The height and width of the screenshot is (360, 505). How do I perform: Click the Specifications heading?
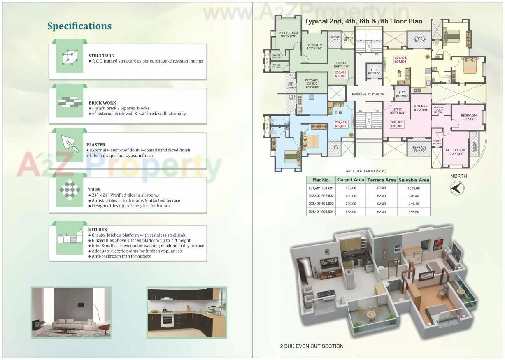coord(79,26)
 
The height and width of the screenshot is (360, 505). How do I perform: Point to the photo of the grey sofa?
coord(71,312)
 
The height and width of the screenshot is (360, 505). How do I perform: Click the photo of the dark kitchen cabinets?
coord(186,312)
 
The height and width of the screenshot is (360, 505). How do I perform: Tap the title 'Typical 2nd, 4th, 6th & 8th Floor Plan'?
coord(363,21)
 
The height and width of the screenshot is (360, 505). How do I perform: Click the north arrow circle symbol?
coord(457,188)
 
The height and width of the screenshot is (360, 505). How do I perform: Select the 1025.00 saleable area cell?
coord(414,188)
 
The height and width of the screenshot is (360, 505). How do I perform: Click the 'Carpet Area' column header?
coord(350,180)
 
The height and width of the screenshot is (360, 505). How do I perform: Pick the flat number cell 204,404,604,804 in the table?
coord(321,211)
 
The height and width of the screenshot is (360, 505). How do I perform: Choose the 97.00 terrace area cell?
coord(381,188)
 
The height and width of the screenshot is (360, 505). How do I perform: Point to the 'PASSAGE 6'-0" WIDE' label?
coord(368,95)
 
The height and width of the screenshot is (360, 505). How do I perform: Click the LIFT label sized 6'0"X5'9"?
coord(374,72)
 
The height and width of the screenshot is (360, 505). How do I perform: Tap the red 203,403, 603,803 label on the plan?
coord(340,74)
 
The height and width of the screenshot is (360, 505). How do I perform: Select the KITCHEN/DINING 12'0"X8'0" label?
coord(312,84)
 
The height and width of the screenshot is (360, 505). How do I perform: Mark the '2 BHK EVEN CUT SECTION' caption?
coord(312,346)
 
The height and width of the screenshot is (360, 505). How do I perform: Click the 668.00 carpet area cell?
coord(350,211)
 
